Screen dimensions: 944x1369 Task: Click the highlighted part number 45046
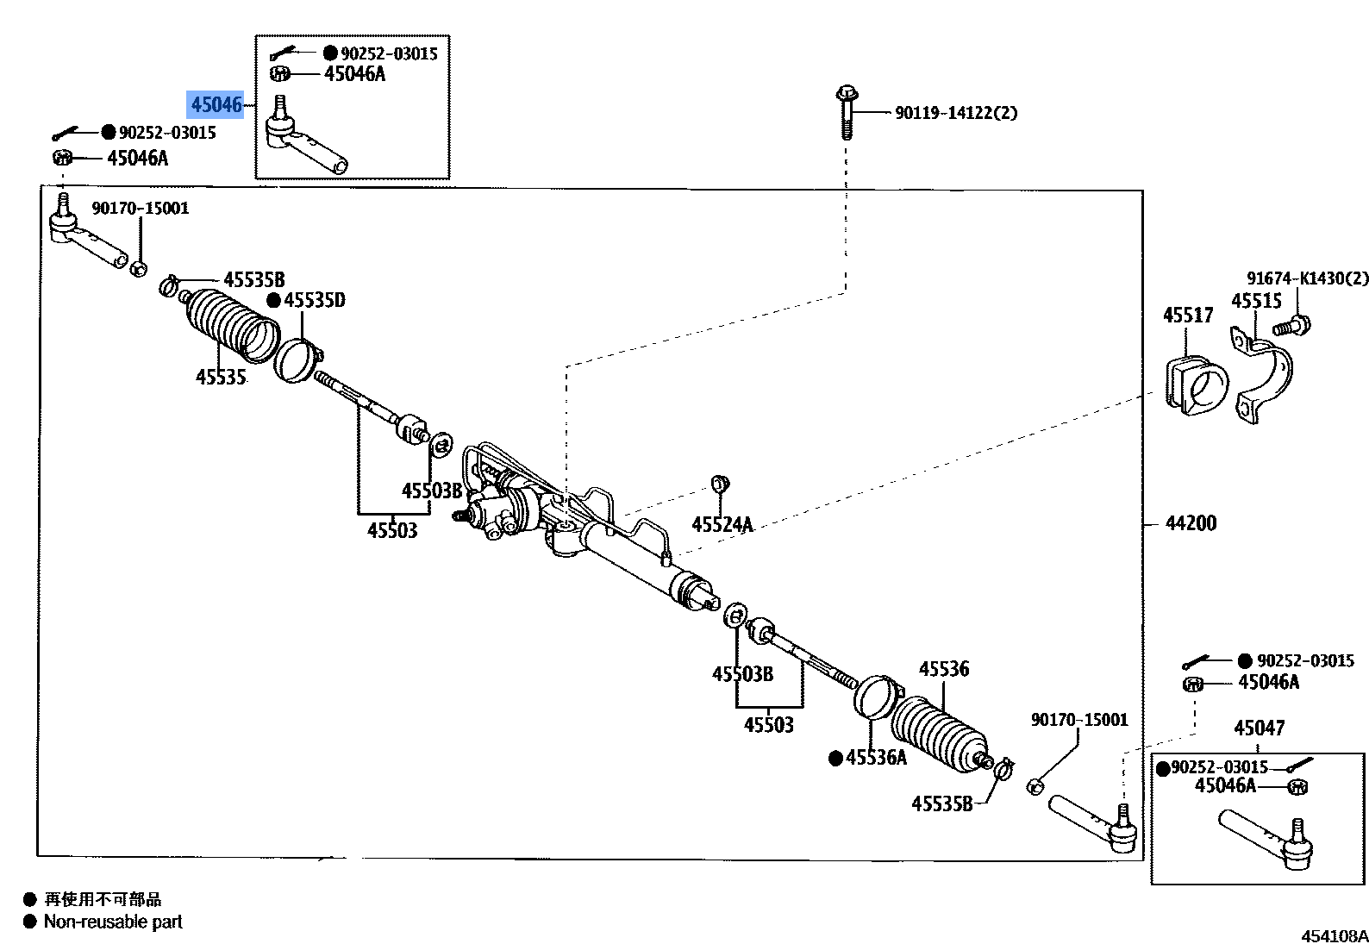(216, 104)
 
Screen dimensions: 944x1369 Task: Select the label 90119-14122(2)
(955, 113)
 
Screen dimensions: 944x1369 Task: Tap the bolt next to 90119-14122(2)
(847, 111)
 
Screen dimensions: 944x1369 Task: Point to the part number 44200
(1191, 523)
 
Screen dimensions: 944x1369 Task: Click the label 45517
(1187, 316)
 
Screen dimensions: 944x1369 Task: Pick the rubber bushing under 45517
(1197, 384)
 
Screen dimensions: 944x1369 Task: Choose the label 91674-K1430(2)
(1307, 278)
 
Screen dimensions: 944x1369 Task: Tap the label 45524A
(722, 524)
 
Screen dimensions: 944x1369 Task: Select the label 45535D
(314, 300)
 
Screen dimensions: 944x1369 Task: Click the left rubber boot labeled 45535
(233, 326)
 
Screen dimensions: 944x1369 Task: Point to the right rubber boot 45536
(940, 733)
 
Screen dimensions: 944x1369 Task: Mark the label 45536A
(876, 758)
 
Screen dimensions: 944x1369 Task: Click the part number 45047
(1259, 728)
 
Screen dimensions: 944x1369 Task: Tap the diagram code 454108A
(1334, 935)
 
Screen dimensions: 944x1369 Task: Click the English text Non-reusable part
(113, 922)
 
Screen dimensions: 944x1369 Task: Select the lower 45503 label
(768, 725)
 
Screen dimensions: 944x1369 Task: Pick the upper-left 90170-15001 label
(140, 208)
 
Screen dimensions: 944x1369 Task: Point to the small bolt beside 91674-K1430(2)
(1291, 327)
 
